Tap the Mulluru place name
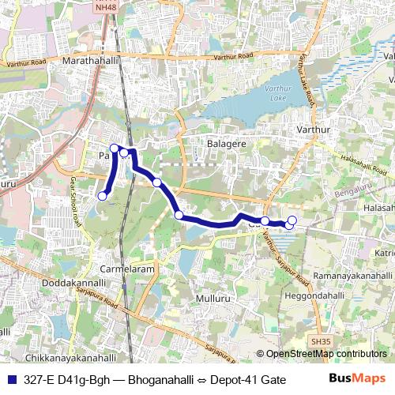216,298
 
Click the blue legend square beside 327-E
10,379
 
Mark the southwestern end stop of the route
102,196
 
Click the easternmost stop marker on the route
292,220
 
